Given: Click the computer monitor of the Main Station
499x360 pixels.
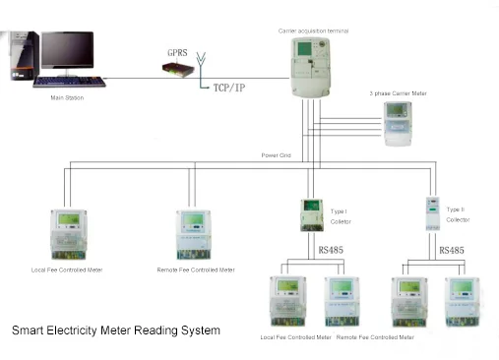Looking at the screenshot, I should tap(67, 53).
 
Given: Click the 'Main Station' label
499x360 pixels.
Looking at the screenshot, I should tap(66, 98).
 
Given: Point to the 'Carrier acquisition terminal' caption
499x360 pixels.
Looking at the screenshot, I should tap(314, 30).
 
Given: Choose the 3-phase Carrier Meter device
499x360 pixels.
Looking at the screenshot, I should tap(399, 123).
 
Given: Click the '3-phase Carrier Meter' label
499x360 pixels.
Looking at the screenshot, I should tap(399, 93).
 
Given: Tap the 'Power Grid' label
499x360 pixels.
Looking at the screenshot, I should tap(277, 155).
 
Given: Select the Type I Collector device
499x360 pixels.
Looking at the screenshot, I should tap(312, 214).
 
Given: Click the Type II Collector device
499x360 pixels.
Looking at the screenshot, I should tap(430, 214).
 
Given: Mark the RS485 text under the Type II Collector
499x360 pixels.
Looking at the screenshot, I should tap(451, 251).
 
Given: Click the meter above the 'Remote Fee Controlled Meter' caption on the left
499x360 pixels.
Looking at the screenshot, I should tap(195, 233).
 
